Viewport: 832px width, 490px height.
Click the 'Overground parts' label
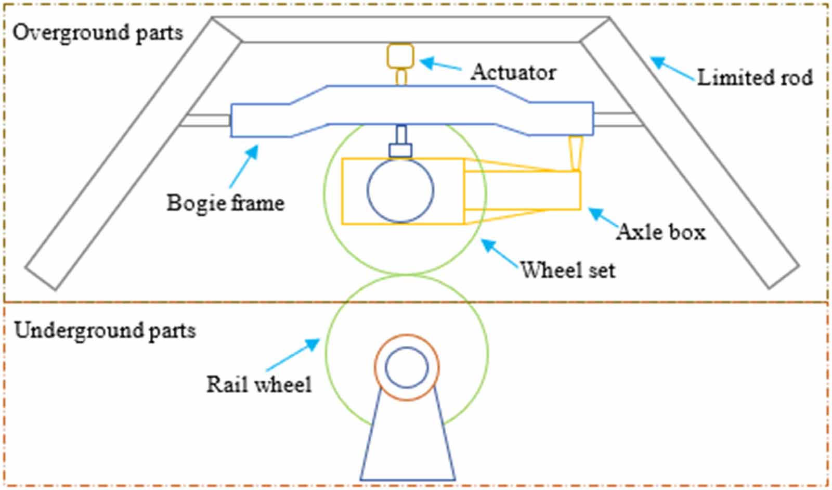[x=98, y=33]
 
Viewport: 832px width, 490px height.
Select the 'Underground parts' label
[x=105, y=331]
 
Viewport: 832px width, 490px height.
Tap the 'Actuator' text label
[x=513, y=72]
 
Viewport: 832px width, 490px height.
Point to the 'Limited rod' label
[x=755, y=78]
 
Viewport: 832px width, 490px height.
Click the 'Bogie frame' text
[x=226, y=202]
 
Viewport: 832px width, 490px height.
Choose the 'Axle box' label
[x=661, y=231]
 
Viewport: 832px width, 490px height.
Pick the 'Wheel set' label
[x=568, y=270]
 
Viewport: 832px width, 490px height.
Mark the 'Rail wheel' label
[x=259, y=384]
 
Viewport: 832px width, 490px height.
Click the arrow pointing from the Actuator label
[x=440, y=65]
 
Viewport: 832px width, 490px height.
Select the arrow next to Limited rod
[x=673, y=69]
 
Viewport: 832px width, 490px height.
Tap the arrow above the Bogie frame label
[x=243, y=166]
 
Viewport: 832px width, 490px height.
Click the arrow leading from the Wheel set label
[x=500, y=253]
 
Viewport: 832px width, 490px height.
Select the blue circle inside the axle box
[x=400, y=190]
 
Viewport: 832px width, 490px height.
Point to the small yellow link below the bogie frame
[x=576, y=152]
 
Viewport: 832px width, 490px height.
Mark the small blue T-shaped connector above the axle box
[x=400, y=143]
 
